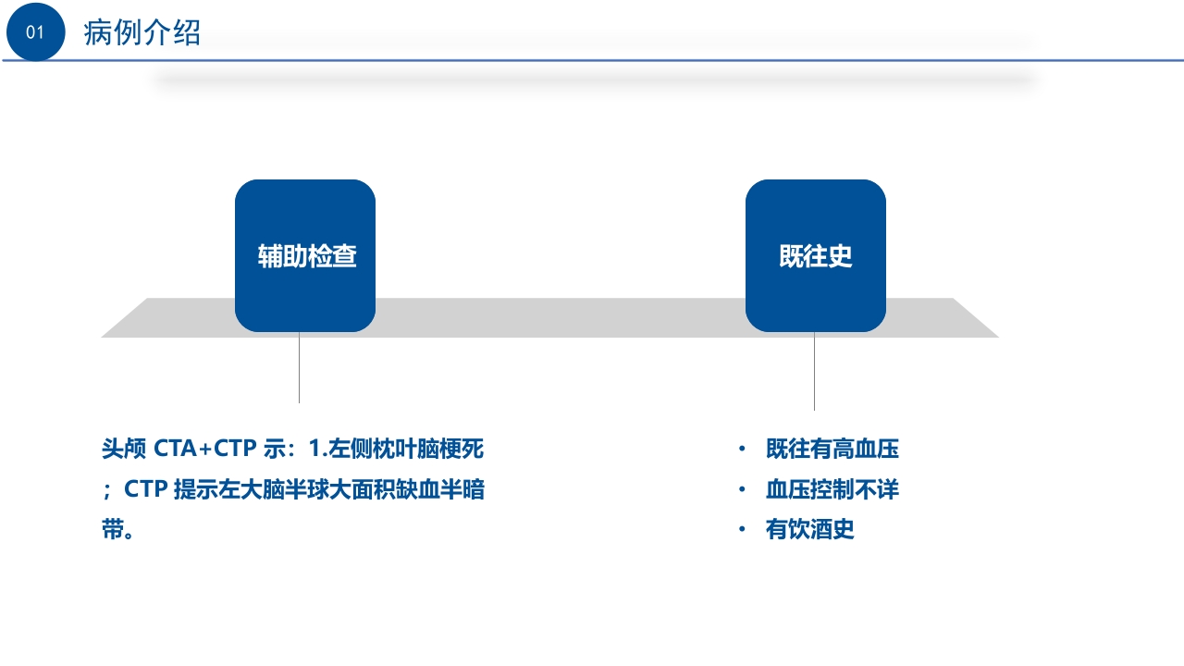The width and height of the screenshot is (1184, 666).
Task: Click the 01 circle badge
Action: point(35,33)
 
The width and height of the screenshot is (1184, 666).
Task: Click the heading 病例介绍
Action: point(142,33)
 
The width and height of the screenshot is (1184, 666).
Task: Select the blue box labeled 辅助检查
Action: point(305,256)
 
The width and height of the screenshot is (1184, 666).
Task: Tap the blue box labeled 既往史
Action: point(815,256)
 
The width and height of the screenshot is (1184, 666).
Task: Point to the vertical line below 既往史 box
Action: point(814,371)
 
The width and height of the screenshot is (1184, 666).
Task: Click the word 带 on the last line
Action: point(112,530)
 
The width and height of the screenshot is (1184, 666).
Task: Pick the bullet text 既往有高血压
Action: point(832,450)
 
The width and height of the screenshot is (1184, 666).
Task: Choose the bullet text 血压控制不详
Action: point(832,490)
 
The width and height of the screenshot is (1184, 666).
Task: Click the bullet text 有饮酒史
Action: point(809,530)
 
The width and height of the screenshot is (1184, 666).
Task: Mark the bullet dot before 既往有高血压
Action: point(741,450)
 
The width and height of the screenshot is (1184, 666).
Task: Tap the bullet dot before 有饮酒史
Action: point(741,530)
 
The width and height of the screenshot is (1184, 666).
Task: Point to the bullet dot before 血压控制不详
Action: point(741,490)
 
